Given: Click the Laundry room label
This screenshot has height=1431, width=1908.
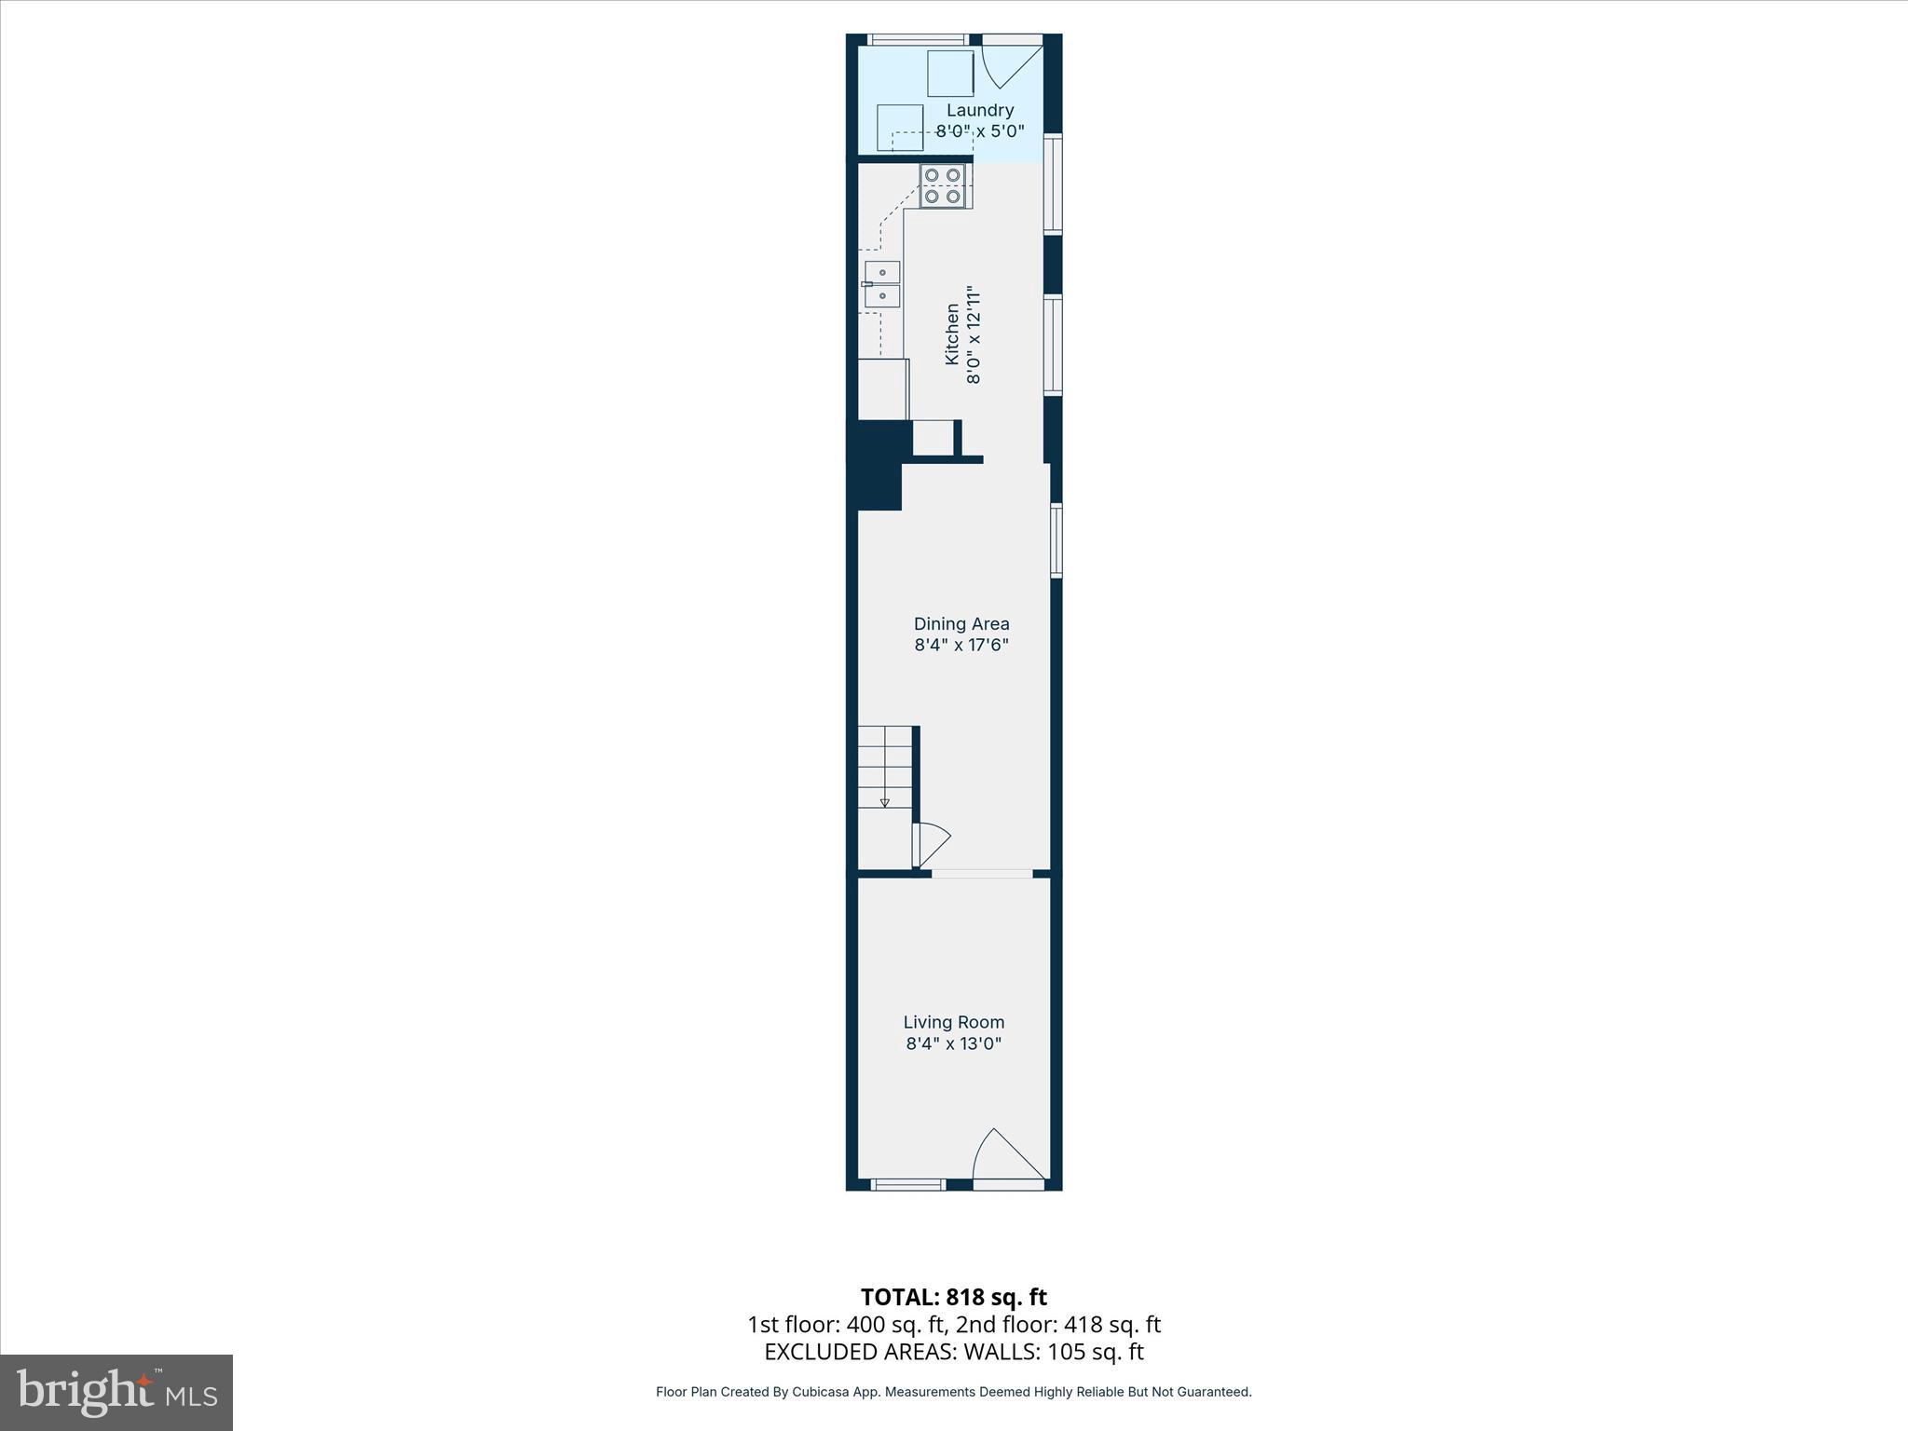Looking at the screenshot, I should click(980, 110).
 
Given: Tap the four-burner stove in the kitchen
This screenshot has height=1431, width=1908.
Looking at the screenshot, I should click(942, 185).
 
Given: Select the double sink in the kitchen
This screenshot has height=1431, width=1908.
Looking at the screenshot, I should click(882, 284).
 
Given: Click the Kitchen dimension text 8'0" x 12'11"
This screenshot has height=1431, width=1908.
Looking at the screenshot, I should click(974, 335).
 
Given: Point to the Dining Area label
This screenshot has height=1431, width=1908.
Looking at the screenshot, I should click(961, 624).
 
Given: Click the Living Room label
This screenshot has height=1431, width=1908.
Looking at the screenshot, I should click(953, 1022).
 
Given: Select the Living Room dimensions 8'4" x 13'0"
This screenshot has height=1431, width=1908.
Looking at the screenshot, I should click(953, 1043).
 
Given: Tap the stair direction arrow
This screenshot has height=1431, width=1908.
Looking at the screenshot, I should click(884, 801).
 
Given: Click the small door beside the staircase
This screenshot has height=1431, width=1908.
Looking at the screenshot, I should click(933, 844).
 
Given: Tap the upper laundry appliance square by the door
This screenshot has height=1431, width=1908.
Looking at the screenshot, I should click(950, 74).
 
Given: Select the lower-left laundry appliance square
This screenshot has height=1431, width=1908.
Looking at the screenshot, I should click(900, 128).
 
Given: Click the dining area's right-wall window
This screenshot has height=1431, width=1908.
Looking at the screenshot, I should click(1056, 540).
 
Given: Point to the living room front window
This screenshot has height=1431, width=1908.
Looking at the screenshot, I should click(907, 1185).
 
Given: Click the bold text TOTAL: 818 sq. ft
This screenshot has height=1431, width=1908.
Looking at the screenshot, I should click(953, 1297).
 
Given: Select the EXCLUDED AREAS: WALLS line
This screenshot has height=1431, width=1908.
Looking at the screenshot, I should click(953, 1352).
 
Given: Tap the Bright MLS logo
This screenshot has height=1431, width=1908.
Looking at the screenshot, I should click(116, 1393).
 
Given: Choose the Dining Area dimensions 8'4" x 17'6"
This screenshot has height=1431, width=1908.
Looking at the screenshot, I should click(961, 645).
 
